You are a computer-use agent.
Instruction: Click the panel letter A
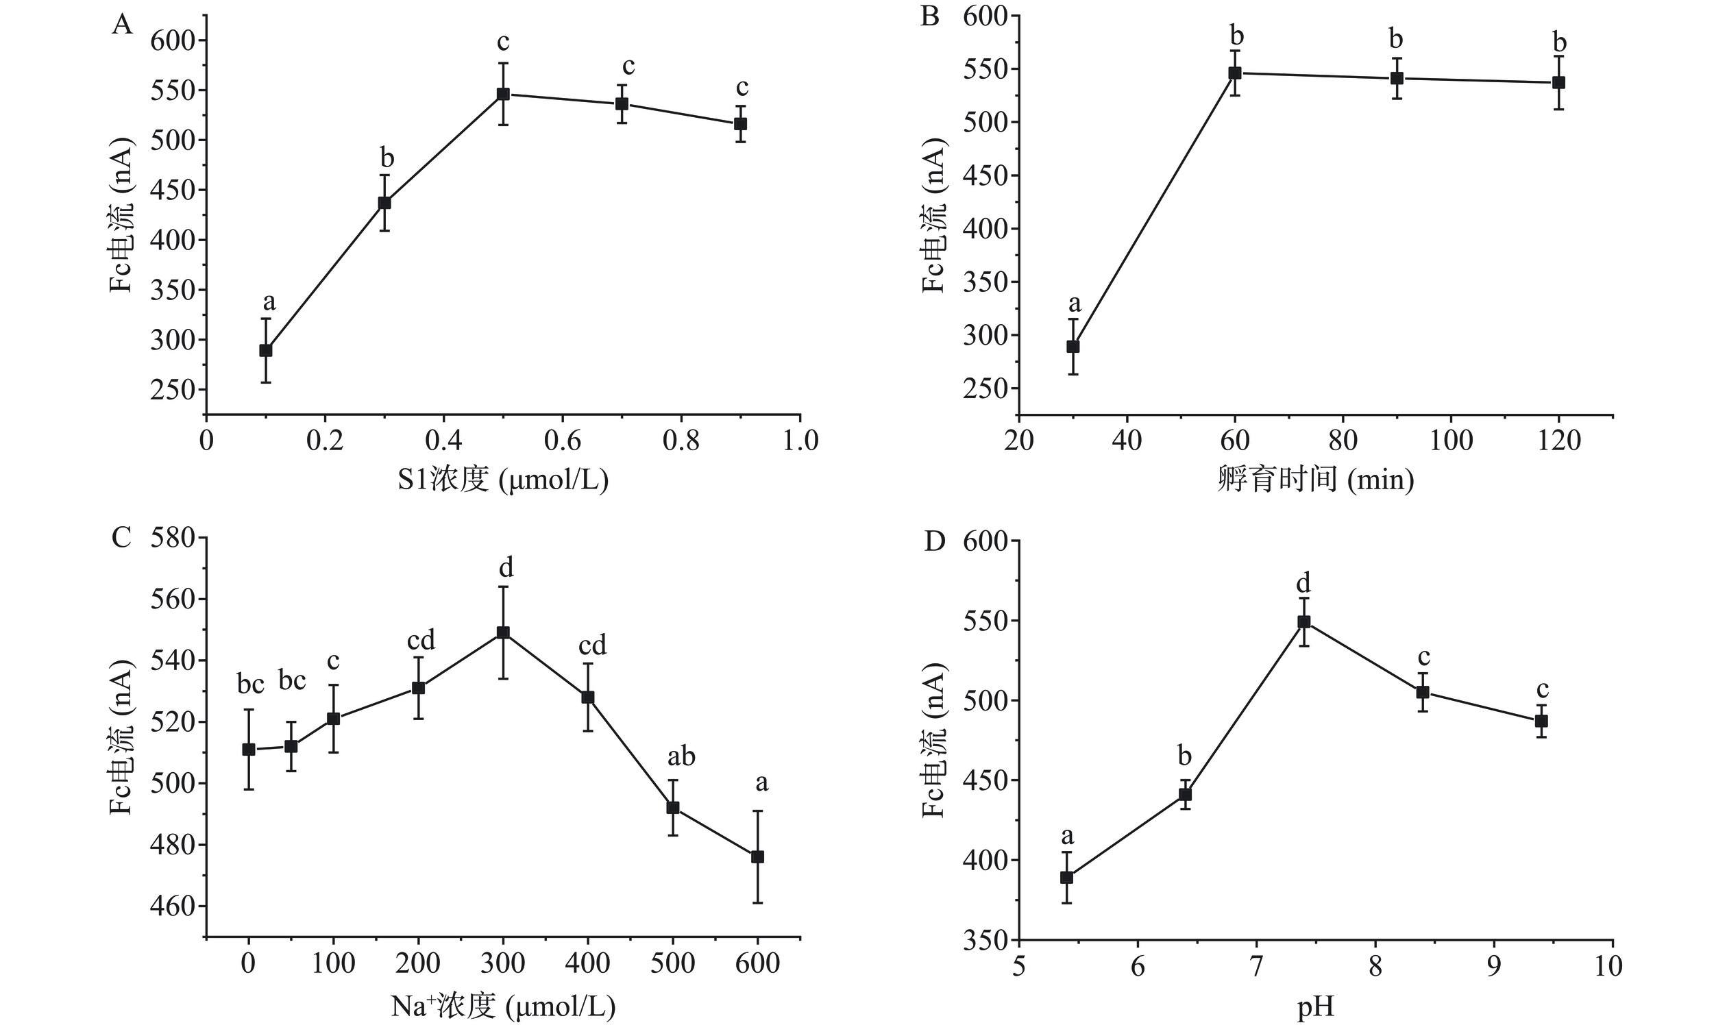121,25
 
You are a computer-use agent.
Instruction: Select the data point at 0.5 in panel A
504,94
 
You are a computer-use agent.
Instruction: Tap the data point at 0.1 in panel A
266,350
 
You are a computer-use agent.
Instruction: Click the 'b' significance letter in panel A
387,158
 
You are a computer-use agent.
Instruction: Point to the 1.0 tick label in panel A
800,441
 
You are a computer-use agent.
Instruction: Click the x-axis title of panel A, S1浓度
502,480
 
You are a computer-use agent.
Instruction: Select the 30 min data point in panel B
1073,347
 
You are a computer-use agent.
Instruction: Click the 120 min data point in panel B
1558,83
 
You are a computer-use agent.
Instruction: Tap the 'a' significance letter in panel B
1074,304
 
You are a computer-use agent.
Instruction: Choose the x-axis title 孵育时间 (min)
1315,480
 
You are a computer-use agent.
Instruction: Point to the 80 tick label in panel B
1343,441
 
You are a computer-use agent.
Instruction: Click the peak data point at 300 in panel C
504,632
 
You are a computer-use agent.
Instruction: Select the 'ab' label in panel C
681,757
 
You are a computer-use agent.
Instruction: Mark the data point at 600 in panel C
758,857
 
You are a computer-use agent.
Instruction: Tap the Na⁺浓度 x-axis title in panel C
502,1007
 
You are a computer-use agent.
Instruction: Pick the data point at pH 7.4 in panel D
1304,621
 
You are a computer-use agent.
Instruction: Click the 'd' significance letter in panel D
1303,583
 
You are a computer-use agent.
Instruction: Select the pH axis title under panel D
1315,1008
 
